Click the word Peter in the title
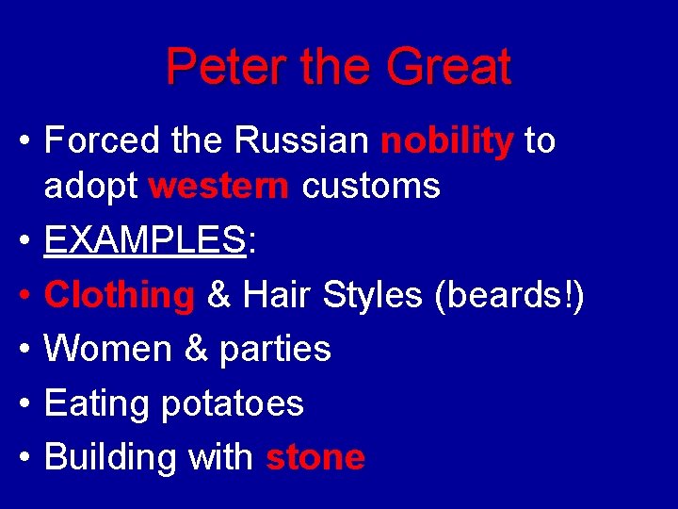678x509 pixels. point(212,68)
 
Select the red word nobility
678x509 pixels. point(446,142)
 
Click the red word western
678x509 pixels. point(218,187)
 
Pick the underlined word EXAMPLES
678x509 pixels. point(145,241)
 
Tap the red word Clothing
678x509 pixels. point(119,296)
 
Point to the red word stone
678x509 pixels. point(315,458)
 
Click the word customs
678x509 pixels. point(371,187)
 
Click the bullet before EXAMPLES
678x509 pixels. point(24,243)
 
